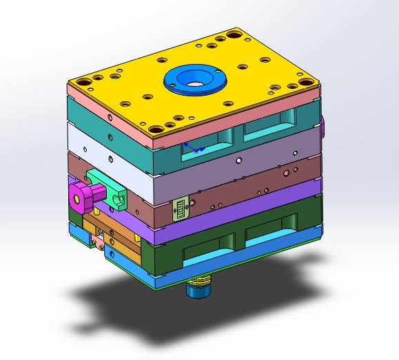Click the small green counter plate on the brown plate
coord(181,208)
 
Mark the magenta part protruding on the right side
coord(323,125)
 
